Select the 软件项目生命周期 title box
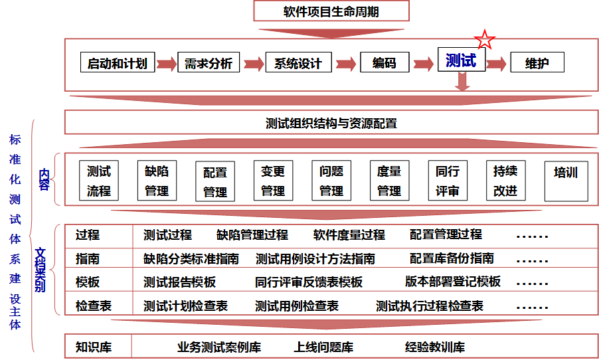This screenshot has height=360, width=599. click(x=331, y=11)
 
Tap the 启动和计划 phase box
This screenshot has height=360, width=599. click(x=118, y=63)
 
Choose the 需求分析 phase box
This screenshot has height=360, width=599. click(x=208, y=63)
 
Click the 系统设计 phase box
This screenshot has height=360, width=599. click(x=298, y=63)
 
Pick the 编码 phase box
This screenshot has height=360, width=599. click(x=385, y=62)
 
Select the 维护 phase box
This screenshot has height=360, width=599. click(x=537, y=63)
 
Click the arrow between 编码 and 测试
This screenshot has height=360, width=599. click(x=424, y=64)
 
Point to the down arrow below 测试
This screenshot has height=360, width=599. click(x=463, y=81)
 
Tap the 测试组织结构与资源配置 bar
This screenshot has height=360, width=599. click(x=331, y=124)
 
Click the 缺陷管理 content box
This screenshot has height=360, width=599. click(x=157, y=181)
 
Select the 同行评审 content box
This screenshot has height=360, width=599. click(x=447, y=181)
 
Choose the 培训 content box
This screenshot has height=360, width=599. click(x=566, y=181)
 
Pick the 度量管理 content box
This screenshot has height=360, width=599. click(x=389, y=181)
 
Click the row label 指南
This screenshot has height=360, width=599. click(x=88, y=258)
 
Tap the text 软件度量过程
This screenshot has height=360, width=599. click(x=349, y=234)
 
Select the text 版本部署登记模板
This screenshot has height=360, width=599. click(x=452, y=281)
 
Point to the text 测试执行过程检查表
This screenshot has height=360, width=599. click(x=429, y=306)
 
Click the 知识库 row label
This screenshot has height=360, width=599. click(x=93, y=347)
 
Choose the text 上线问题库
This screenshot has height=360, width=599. click(x=323, y=347)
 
